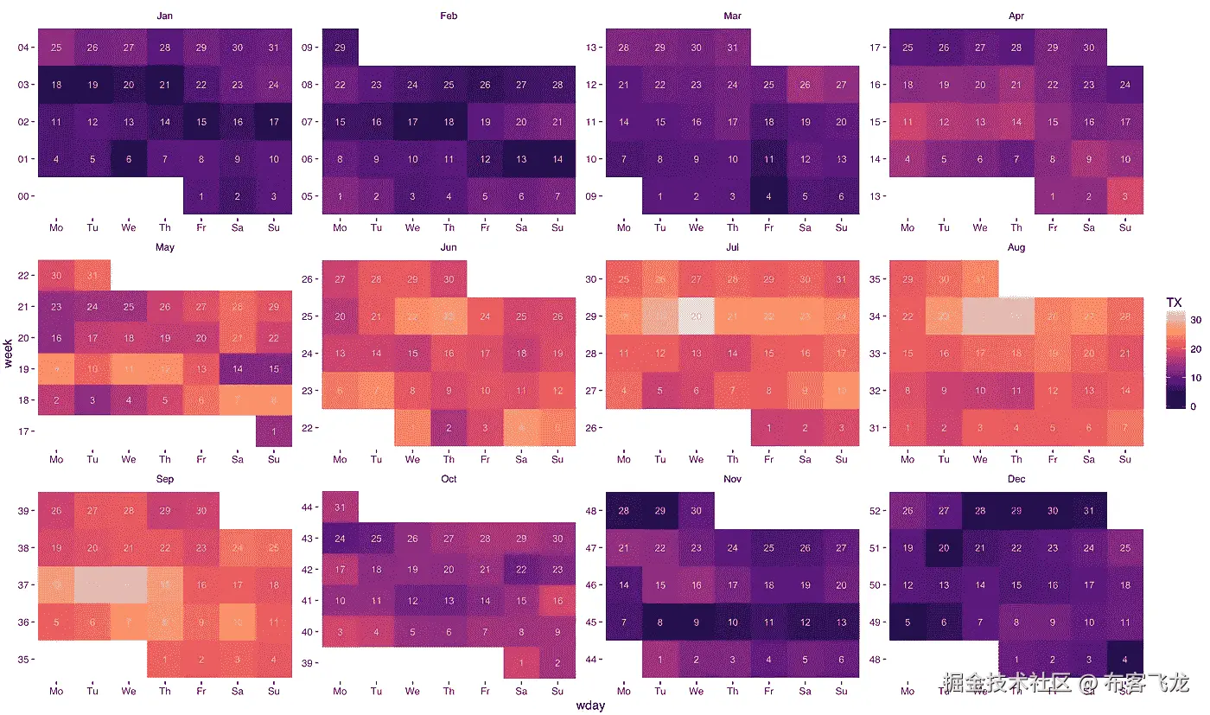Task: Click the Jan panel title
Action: coord(164,16)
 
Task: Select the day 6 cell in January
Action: coord(129,158)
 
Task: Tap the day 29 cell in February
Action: coord(340,47)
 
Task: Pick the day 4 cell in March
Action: coord(769,195)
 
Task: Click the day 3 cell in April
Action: coord(1125,195)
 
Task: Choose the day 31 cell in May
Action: coord(92,275)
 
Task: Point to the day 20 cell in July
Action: coord(697,316)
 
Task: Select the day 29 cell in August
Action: coord(907,279)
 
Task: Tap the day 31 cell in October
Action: coord(340,507)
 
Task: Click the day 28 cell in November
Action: coord(624,511)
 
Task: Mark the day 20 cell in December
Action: coord(944,547)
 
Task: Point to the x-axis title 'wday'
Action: coord(590,705)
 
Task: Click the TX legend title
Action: coord(1174,303)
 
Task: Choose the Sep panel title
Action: coord(164,478)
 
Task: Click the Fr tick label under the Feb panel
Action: coord(485,228)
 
